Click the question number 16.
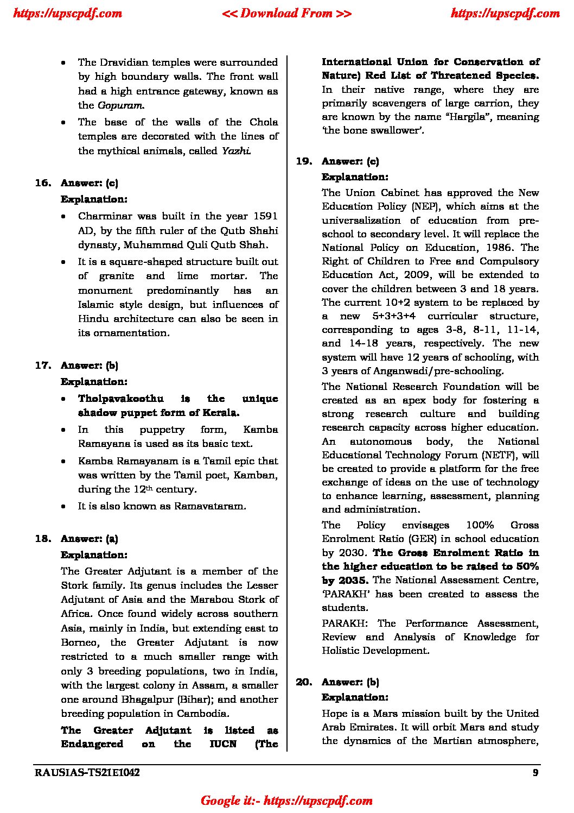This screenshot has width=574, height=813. pyautogui.click(x=43, y=183)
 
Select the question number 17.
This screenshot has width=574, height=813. pyautogui.click(x=43, y=365)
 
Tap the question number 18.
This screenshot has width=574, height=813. pyautogui.click(x=43, y=539)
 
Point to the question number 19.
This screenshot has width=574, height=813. pyautogui.click(x=304, y=161)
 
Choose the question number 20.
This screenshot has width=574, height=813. pyautogui.click(x=304, y=682)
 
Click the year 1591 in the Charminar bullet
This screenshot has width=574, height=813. pyautogui.click(x=265, y=216)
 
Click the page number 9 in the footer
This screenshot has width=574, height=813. pyautogui.click(x=535, y=773)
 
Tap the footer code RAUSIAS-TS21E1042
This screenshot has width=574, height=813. pyautogui.click(x=87, y=773)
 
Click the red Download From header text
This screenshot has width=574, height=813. pyautogui.click(x=286, y=14)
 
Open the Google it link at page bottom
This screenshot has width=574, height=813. pyautogui.click(x=286, y=801)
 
